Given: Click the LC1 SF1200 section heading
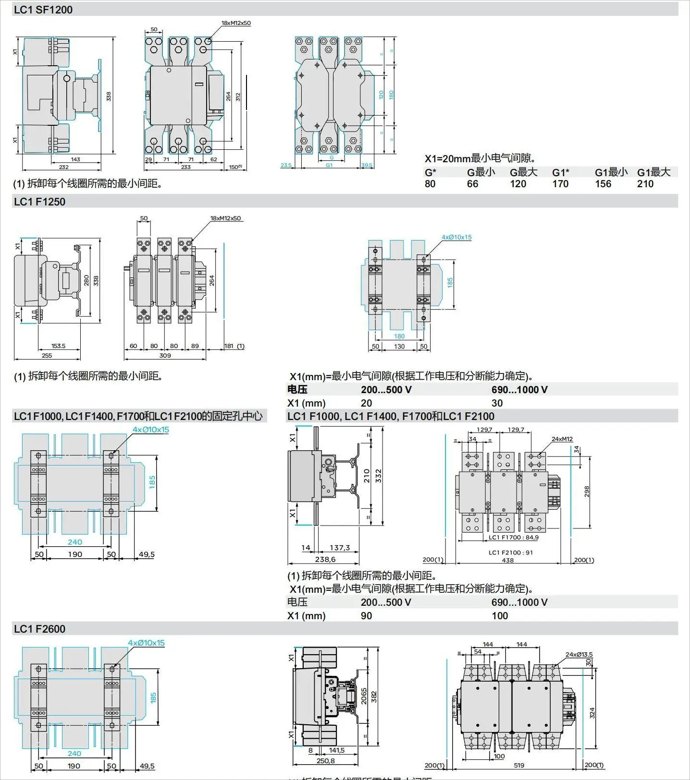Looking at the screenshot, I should point(43,10).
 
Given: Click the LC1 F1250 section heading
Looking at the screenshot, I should point(39,202).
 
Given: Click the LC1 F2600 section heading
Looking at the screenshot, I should point(39,629).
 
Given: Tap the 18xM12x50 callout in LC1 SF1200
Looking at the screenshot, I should point(235,23).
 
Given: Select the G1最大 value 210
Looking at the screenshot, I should point(645,184).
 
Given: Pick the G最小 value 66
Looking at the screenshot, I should point(472,184).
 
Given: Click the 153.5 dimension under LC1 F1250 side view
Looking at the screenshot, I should point(58,346).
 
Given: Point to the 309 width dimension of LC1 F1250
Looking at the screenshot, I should point(165,356).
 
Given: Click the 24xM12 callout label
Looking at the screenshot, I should point(562,439).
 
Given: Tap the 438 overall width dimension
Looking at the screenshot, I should point(507,560).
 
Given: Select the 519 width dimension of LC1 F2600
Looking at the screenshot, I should point(519,765).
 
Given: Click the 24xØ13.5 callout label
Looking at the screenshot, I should point(579,654).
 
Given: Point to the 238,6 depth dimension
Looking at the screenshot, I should point(325,559).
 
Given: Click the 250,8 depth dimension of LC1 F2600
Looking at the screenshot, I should point(325,761).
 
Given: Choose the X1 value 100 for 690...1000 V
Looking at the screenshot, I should point(500,616).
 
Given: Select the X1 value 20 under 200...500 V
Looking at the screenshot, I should point(366,403).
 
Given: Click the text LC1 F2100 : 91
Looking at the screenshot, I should point(511,552).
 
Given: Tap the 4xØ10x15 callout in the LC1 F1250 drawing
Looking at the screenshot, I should point(456,237).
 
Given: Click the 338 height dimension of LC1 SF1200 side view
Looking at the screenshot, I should point(109,96).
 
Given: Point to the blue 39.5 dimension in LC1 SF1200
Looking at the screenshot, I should point(367,165).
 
